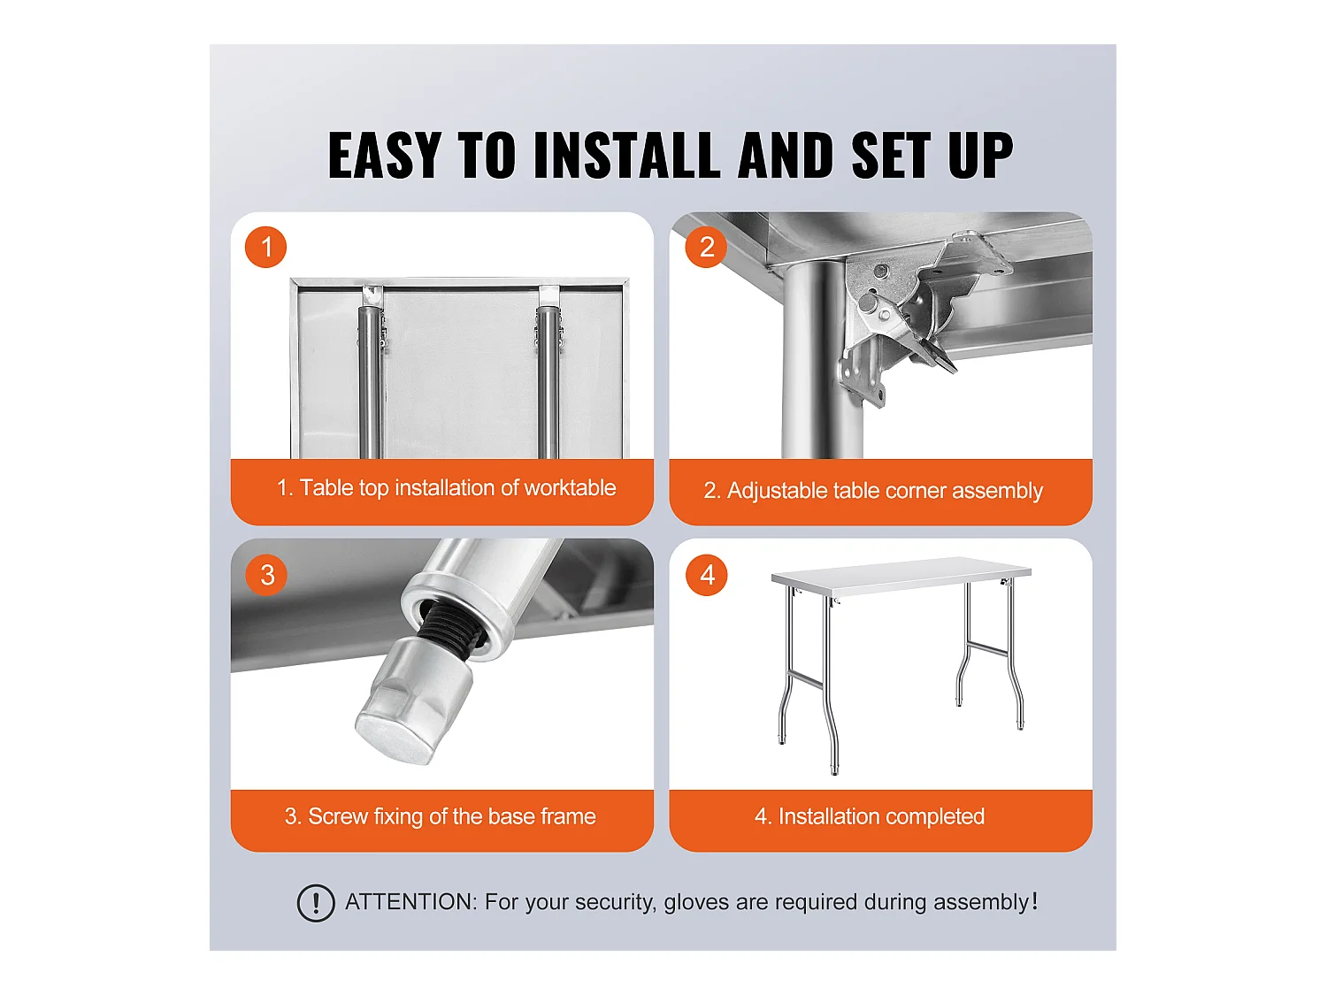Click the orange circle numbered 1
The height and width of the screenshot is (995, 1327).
[x=265, y=247]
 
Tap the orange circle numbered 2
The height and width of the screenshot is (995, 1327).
[x=706, y=247]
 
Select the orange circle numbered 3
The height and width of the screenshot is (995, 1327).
[x=266, y=575]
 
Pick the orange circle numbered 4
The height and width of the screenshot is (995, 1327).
[x=707, y=575]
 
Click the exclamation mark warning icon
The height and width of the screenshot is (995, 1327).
[x=316, y=902]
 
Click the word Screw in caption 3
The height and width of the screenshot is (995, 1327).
[x=338, y=816]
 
